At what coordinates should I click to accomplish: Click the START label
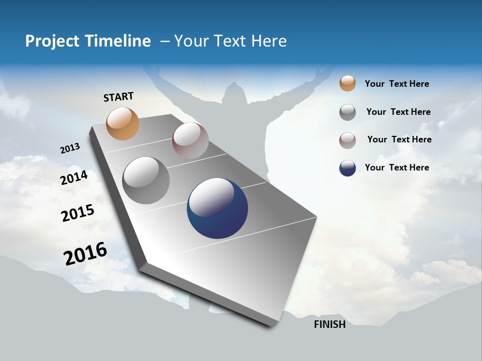118,97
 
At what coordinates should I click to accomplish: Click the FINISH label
329,324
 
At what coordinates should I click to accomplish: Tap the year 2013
70,148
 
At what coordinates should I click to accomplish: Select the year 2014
74,177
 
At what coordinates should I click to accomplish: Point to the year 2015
78,213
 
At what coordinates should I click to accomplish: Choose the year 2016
85,254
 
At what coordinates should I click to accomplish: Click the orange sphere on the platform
123,123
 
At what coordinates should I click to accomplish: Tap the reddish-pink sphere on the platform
190,140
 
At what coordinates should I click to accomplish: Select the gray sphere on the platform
146,180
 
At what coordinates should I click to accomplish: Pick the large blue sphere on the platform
217,208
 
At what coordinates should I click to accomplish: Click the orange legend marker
347,84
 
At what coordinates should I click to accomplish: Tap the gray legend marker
347,112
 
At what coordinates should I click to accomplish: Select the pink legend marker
347,140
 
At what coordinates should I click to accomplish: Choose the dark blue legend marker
347,168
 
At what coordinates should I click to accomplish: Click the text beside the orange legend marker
397,84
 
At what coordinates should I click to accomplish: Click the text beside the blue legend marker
397,167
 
